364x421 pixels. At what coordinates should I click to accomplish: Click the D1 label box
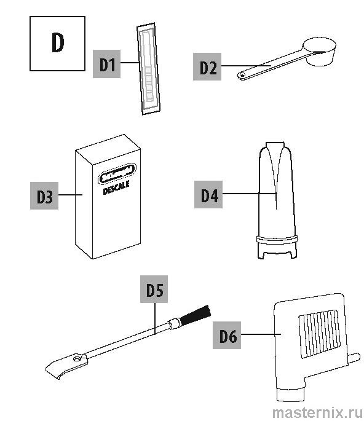point(106,64)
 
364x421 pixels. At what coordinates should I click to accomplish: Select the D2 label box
point(207,66)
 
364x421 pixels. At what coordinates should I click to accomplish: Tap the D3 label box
point(44,195)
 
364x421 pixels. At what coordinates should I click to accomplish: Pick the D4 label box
point(208,194)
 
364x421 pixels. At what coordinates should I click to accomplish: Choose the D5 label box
point(154,289)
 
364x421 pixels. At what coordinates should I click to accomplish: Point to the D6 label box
point(227,335)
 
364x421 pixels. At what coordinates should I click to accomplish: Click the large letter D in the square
point(57,42)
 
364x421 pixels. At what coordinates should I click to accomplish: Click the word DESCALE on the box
point(116,187)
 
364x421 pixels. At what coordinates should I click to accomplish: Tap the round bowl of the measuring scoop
point(320,52)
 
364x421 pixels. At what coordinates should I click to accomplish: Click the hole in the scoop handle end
point(242,76)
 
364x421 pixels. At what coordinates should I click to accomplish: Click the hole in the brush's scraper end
point(77,358)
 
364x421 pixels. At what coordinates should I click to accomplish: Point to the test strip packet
point(149,69)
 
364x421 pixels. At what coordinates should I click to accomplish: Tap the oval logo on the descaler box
point(117,173)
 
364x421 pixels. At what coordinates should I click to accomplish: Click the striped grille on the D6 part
point(319,334)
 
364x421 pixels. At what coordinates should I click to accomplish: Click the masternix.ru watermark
point(317,412)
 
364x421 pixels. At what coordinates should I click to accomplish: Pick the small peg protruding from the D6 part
point(354,358)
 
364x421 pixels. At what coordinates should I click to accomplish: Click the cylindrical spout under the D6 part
point(291,394)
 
